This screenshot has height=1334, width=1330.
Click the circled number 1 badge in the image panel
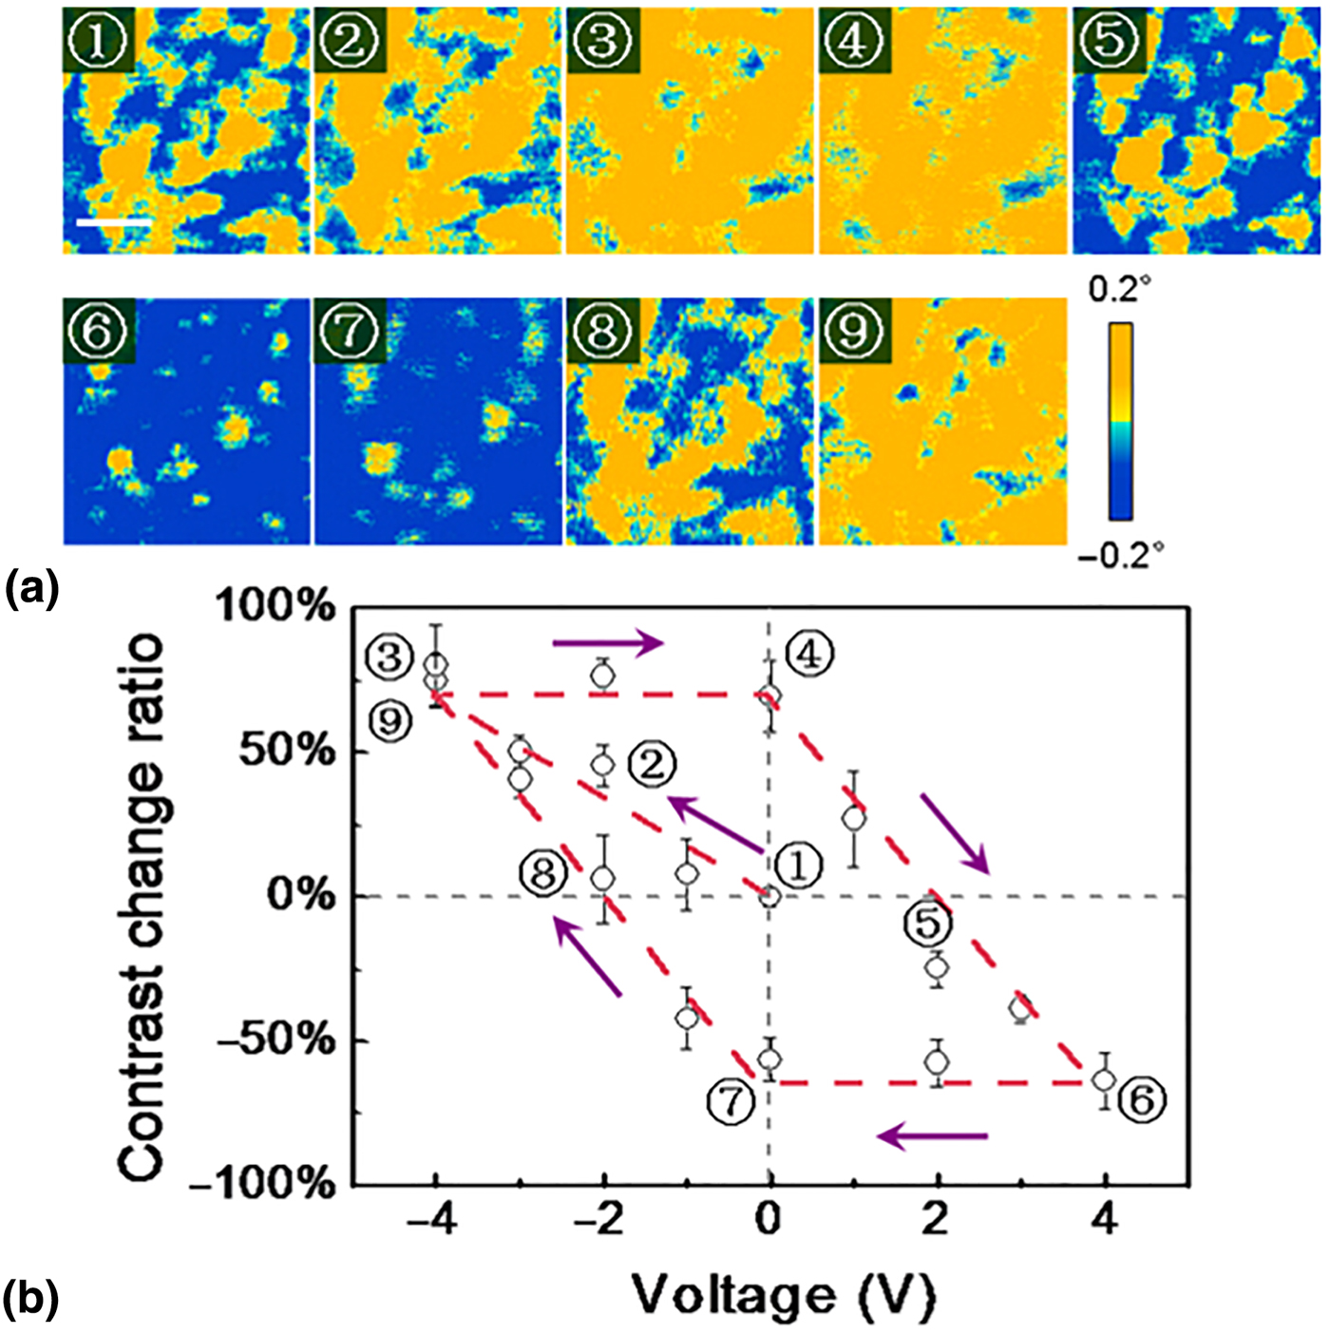[x=99, y=40]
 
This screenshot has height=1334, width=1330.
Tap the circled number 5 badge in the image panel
[x=1110, y=40]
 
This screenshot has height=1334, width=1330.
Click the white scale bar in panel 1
[x=114, y=223]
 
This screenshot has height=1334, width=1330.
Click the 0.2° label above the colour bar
[x=1121, y=291]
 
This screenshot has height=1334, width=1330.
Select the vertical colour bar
[x=1121, y=422]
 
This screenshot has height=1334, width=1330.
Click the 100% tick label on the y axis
[x=276, y=608]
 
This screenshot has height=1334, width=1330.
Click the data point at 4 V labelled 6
[x=1106, y=1079]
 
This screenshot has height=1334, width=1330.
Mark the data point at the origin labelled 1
[x=769, y=897]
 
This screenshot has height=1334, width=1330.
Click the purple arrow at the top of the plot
[x=608, y=642]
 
